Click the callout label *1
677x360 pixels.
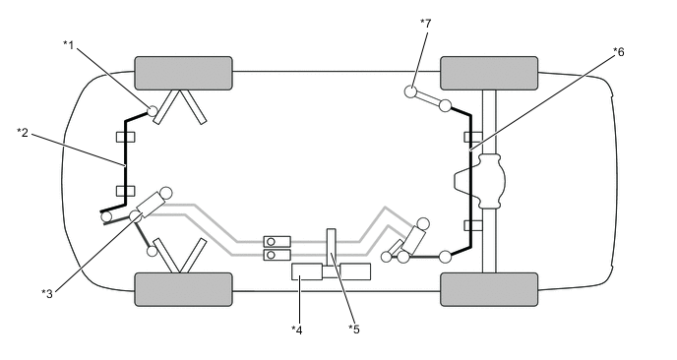coord(69,44)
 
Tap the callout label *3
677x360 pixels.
coord(46,291)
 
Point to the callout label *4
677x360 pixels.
coord(295,329)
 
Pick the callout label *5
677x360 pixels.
coord(354,329)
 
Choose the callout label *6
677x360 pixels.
coord(618,51)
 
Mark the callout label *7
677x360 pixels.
coord(425,22)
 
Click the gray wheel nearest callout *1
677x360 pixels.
coord(183,73)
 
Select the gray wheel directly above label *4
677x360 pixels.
coord(183,289)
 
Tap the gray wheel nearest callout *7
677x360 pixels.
coord(489,73)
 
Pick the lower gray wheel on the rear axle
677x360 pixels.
coord(489,289)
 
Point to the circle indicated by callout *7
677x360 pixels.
coord(410,92)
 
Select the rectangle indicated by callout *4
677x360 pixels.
coord(307,272)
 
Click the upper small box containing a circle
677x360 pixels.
coord(277,241)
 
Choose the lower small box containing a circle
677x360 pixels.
coord(277,256)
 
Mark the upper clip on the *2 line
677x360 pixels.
coord(124,137)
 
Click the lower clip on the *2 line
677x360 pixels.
coord(124,190)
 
